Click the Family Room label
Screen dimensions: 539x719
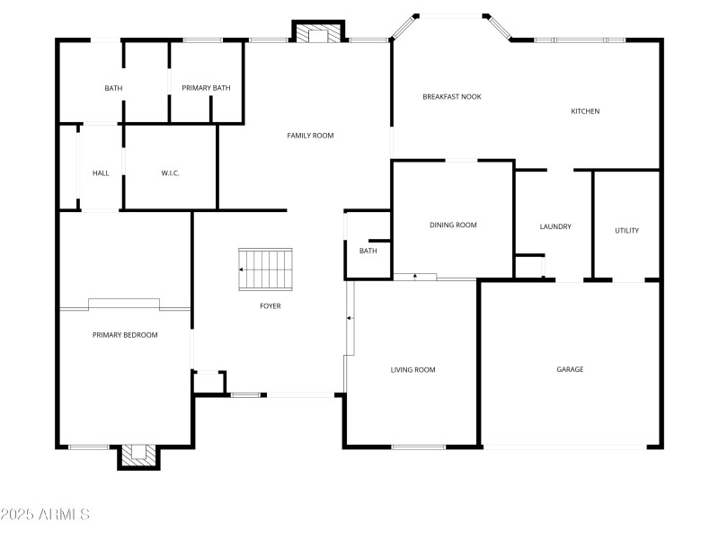pos(310,136)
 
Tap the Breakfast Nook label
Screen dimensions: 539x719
pos(452,96)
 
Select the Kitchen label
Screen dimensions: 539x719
pos(585,111)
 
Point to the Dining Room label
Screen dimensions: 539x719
pos(453,225)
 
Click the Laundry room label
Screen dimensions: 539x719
pos(555,226)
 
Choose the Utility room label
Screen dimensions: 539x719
pos(626,231)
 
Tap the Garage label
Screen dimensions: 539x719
pos(570,369)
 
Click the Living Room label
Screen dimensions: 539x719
pos(413,369)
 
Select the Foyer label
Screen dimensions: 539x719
pos(271,306)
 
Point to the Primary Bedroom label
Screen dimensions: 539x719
pos(125,335)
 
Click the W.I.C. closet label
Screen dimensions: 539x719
pos(171,172)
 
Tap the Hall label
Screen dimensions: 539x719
pos(101,172)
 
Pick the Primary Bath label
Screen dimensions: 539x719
pos(206,88)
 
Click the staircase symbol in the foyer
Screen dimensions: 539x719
pos(265,269)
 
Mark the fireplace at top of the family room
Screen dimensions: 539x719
pos(318,33)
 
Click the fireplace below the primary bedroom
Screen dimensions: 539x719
pos(139,456)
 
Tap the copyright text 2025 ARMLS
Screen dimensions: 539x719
pos(45,515)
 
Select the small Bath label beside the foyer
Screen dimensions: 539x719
pos(368,251)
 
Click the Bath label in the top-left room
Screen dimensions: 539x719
pos(113,88)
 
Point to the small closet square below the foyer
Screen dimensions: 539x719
pos(209,383)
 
